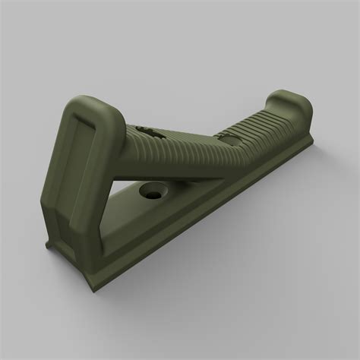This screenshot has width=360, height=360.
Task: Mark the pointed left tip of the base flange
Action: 47,244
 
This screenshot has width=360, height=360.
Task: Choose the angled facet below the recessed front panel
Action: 76,220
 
